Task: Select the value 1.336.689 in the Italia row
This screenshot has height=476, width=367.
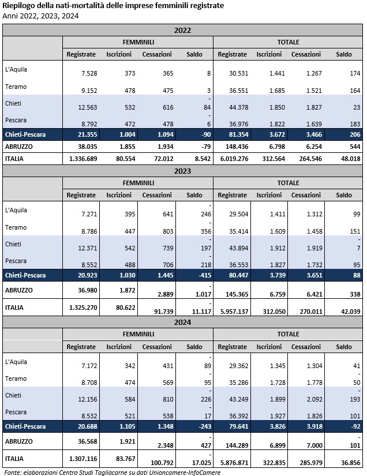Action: (81, 158)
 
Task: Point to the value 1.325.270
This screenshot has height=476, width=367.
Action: (82, 308)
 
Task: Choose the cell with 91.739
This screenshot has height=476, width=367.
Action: (158, 311)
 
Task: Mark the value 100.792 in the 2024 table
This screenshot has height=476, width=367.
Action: (156, 462)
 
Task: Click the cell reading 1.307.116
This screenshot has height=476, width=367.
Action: (81, 459)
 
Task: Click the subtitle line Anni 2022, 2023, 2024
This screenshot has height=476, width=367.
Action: (40, 16)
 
